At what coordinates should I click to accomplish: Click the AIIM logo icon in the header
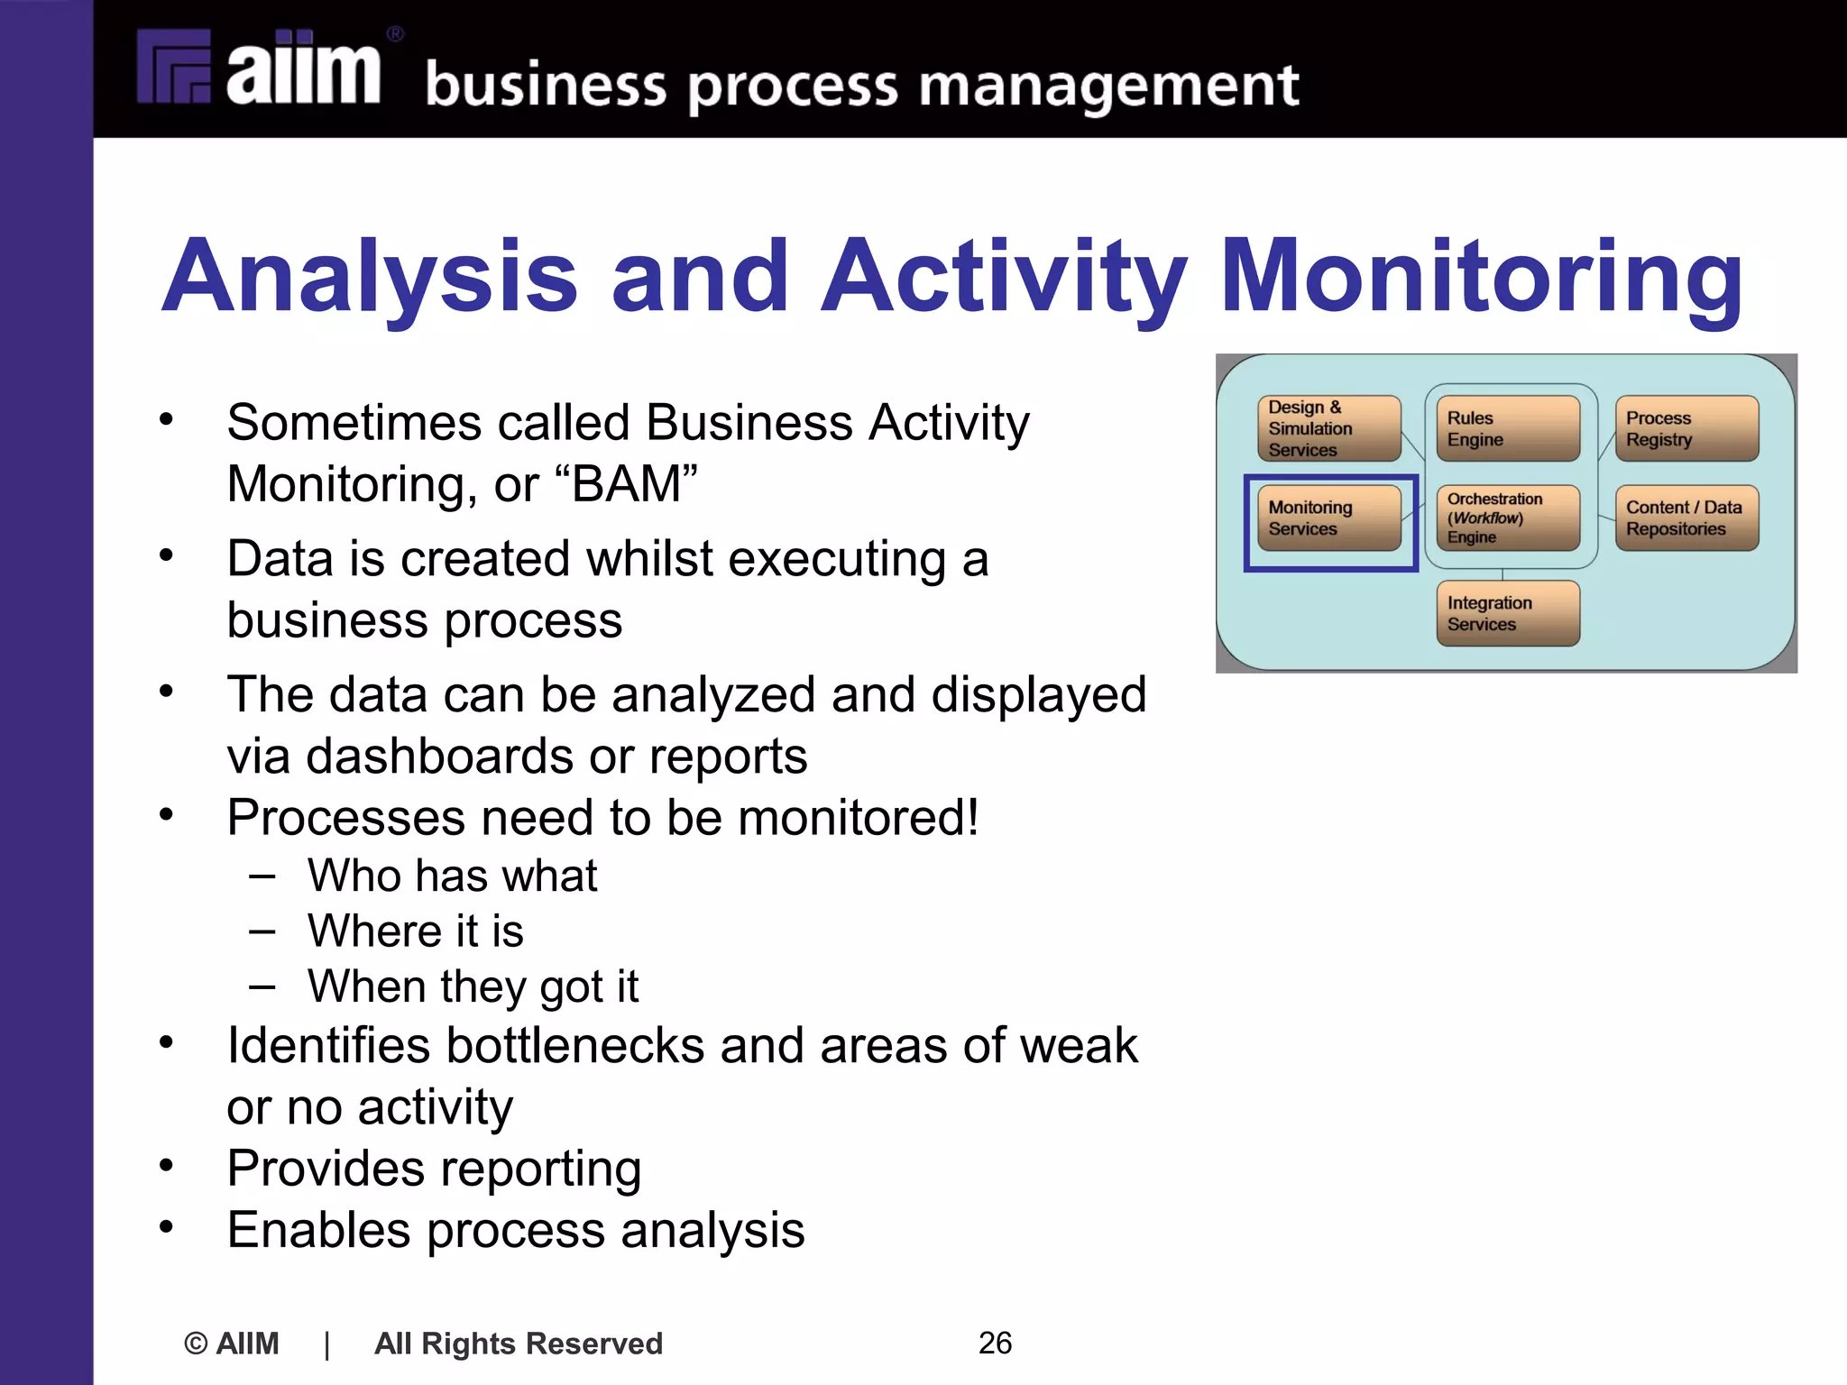(174, 67)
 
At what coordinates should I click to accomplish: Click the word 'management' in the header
(1108, 87)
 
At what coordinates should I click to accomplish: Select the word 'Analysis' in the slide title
(369, 276)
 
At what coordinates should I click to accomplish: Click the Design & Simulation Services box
(1328, 428)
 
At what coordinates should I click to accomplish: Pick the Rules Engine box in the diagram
(1507, 428)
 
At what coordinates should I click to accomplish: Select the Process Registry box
(1686, 428)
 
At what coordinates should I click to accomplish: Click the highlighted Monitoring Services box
(1328, 518)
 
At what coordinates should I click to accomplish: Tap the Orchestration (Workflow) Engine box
(1507, 518)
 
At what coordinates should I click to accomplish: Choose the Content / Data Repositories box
(1686, 518)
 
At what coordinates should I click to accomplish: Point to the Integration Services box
(1507, 613)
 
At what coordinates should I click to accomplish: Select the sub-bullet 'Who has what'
(452, 876)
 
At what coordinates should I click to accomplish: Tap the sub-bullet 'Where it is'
(415, 931)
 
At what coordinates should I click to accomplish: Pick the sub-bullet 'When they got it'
(473, 986)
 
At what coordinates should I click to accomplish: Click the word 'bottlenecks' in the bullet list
(574, 1046)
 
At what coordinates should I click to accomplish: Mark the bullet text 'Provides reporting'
(434, 1169)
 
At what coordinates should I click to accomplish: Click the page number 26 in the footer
(995, 1343)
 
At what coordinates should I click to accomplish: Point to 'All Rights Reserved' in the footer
(519, 1344)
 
